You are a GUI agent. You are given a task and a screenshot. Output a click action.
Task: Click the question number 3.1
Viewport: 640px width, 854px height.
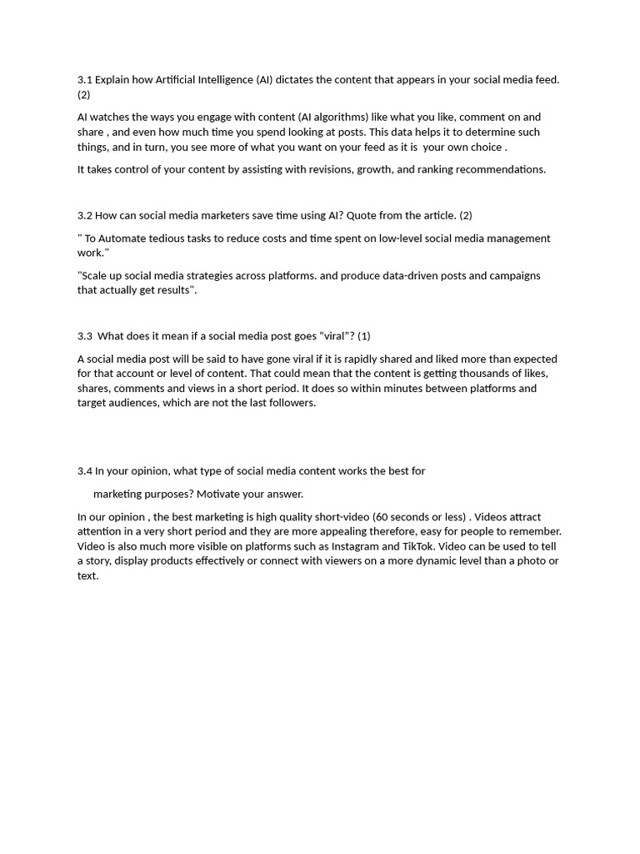[84, 80]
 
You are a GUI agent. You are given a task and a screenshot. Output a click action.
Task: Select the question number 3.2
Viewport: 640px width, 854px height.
[84, 215]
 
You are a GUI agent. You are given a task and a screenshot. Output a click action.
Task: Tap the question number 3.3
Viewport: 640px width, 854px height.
[84, 336]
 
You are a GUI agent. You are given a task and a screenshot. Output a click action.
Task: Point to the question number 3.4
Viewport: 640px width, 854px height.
[84, 471]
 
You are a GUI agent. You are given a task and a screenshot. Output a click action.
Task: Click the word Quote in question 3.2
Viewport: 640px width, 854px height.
[362, 215]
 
